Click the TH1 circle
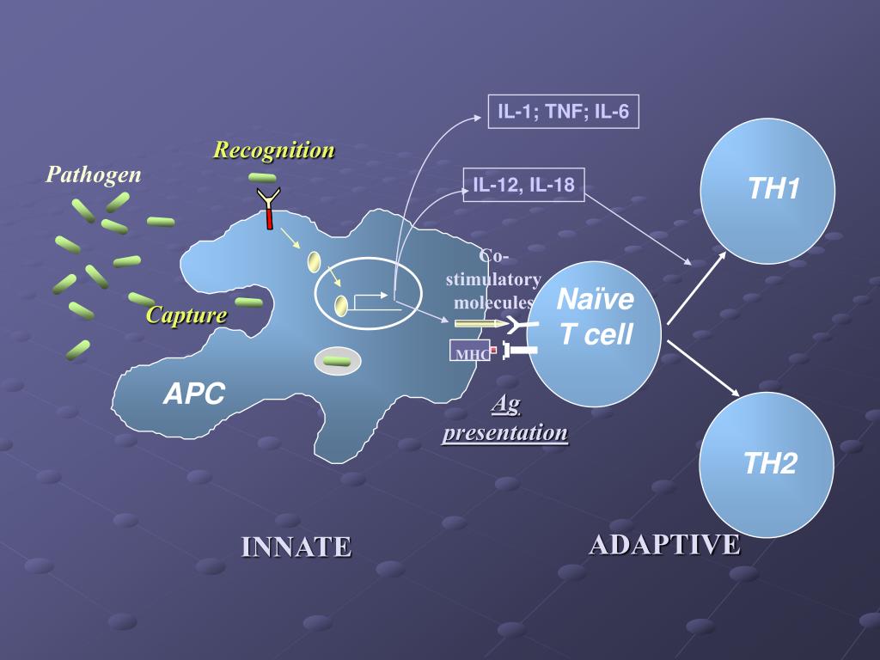pyautogui.click(x=767, y=190)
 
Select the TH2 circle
pyautogui.click(x=767, y=465)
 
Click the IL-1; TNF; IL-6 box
pyautogui.click(x=564, y=112)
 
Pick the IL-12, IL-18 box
pyautogui.click(x=523, y=184)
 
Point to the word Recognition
pyautogui.click(x=274, y=150)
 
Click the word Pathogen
pyautogui.click(x=94, y=175)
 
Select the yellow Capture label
pyautogui.click(x=186, y=315)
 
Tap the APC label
pyautogui.click(x=194, y=394)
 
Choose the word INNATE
pyautogui.click(x=296, y=547)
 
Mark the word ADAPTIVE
pyautogui.click(x=664, y=544)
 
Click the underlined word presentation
pyautogui.click(x=505, y=432)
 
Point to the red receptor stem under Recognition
pyautogui.click(x=269, y=218)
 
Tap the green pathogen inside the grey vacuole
pyautogui.click(x=337, y=361)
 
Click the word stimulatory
pyautogui.click(x=493, y=279)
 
